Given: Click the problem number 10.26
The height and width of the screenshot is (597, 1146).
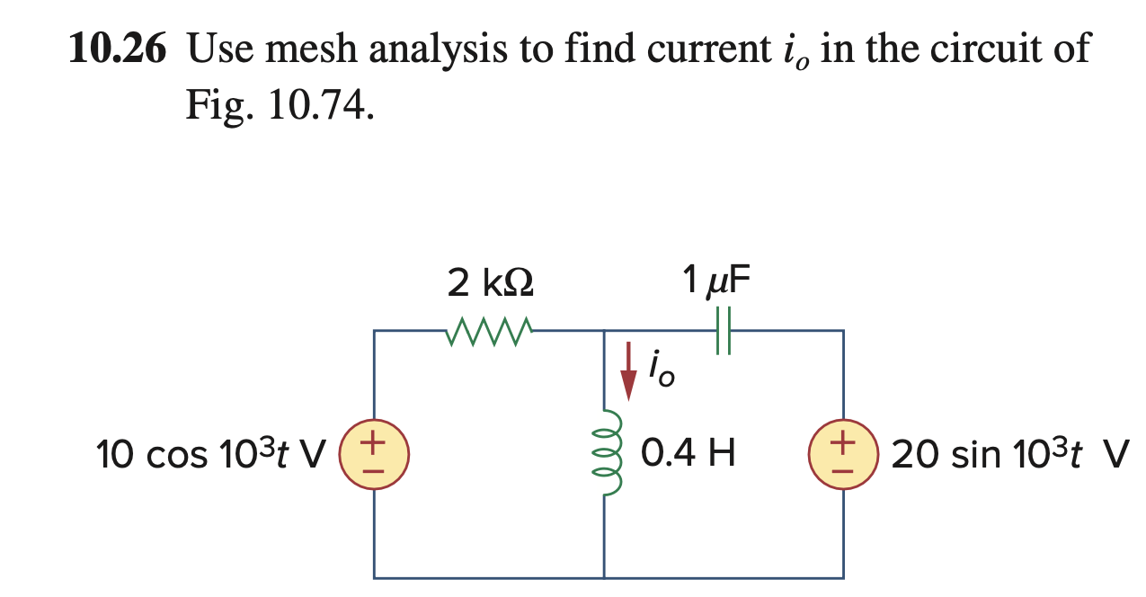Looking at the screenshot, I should [x=118, y=50].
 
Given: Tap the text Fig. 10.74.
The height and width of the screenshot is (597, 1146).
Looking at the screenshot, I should [x=278, y=106].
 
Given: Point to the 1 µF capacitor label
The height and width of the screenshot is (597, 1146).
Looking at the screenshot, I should [x=716, y=282].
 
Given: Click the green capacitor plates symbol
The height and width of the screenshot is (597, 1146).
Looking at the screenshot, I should [x=724, y=332].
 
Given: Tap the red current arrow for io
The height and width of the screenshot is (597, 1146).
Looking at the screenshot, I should [x=629, y=369].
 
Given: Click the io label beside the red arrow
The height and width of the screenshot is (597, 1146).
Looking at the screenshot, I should [x=660, y=373].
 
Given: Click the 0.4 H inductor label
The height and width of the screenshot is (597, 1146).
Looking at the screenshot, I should [x=689, y=454].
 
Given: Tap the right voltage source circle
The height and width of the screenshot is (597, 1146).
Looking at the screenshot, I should [x=843, y=455].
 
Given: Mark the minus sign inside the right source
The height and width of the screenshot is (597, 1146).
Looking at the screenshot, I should [x=843, y=468].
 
